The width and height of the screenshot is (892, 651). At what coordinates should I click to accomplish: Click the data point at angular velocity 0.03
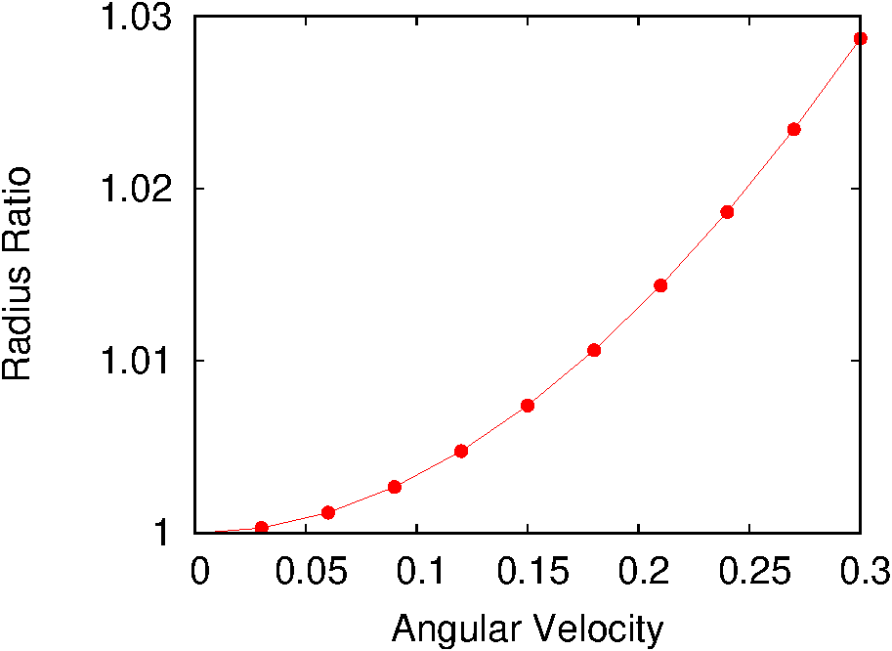261,528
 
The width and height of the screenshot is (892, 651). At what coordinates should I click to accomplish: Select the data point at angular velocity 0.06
328,512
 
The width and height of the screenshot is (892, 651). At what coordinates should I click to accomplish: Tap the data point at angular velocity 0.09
395,487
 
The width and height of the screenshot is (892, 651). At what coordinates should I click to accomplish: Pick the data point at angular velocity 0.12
461,451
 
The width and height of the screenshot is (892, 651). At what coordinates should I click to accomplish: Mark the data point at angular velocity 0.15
528,406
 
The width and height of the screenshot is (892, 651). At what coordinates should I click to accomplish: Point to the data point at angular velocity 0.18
594,350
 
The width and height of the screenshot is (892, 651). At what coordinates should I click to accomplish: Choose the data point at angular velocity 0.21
660,285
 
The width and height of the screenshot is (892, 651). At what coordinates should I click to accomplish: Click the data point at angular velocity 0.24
727,212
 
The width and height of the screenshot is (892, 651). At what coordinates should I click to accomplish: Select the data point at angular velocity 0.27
794,129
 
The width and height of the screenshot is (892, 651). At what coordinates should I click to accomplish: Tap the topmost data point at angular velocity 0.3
861,39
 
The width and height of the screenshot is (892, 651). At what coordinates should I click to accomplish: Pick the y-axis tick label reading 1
165,534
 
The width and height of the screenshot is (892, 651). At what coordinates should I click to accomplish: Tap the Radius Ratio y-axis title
19,274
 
